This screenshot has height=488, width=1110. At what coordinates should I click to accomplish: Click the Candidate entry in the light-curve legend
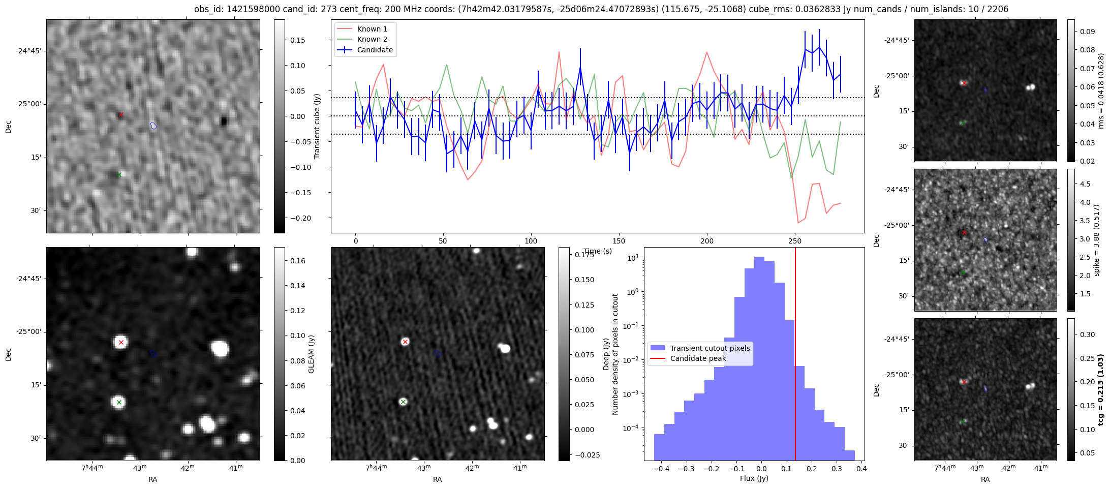[375, 50]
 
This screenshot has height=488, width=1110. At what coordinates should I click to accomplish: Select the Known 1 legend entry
[372, 29]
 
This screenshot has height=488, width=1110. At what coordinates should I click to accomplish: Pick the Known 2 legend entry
[372, 39]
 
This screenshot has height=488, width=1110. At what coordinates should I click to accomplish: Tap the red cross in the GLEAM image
[121, 342]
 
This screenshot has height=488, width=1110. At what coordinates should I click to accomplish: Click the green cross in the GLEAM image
[119, 402]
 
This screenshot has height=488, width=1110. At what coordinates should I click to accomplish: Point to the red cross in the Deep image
[405, 342]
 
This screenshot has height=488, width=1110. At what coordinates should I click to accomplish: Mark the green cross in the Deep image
[403, 402]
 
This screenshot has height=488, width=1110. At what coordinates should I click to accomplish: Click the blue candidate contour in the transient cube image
[153, 126]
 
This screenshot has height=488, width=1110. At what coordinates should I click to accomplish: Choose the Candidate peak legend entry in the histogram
[697, 358]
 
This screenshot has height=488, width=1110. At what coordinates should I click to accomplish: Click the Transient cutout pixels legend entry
[710, 348]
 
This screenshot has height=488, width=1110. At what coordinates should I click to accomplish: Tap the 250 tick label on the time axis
[794, 241]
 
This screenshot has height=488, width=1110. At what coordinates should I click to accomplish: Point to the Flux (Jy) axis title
[754, 478]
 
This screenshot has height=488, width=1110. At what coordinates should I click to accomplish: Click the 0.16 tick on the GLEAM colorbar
[298, 261]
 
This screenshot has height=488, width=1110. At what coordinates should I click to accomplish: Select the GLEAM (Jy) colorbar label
[312, 354]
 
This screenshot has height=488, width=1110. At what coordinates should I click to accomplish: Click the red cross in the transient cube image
[121, 115]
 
